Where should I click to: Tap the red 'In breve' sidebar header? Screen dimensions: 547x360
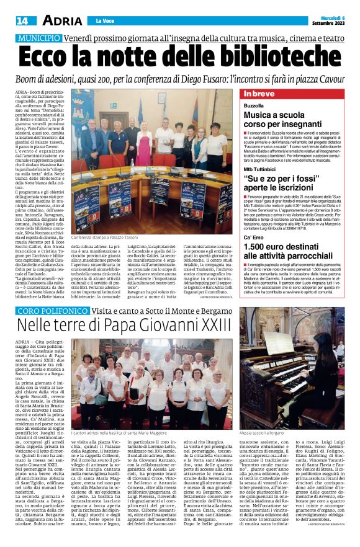click(x=259, y=94)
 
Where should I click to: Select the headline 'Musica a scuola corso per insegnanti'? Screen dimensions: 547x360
click(x=285, y=120)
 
